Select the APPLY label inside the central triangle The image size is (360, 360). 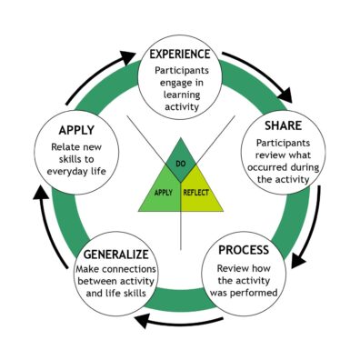coord(164,192)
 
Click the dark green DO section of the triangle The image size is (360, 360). coord(181,160)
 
